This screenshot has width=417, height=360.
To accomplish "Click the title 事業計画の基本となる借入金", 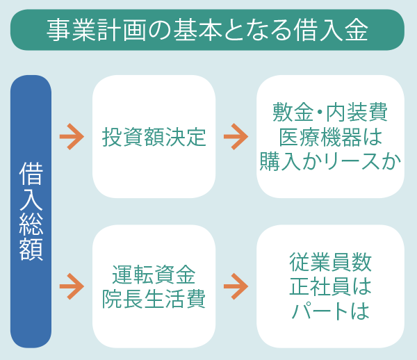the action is (207, 30).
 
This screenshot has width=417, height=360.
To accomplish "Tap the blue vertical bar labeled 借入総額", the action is (31, 211).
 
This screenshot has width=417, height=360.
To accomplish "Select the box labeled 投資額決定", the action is (154, 136).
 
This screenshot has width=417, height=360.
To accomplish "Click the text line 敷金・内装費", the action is (330, 112).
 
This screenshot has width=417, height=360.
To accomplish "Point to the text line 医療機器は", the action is (330, 137).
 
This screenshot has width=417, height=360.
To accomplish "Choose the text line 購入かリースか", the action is (330, 161).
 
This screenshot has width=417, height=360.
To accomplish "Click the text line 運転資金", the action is (154, 275).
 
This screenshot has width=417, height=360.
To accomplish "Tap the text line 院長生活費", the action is (154, 299).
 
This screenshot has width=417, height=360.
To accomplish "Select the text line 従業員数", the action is (330, 262).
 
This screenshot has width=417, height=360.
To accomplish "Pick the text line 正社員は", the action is (330, 286).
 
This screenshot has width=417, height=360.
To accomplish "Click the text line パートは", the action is (330, 311).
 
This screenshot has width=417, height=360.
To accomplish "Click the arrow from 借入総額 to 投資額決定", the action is (72, 137).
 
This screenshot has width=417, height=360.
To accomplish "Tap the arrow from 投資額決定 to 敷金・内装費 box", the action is (236, 137).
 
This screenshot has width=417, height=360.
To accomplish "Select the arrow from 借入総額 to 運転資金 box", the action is (72, 286).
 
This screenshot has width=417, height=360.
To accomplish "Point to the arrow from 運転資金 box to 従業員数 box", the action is (236, 286).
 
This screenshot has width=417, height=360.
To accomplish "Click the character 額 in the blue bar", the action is (31, 249).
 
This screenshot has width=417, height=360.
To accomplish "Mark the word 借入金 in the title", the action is (331, 30).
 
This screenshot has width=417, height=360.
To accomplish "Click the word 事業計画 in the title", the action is (97, 30).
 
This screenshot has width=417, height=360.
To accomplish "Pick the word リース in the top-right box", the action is (353, 162).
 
